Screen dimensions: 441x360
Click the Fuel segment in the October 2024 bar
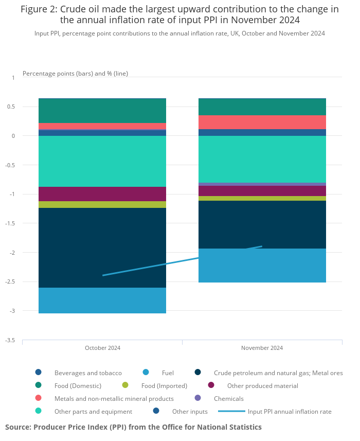coord(102,301)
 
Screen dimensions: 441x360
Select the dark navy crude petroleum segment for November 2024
coord(262,224)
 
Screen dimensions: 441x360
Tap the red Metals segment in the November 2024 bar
coord(262,122)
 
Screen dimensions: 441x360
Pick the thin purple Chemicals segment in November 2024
coord(262,184)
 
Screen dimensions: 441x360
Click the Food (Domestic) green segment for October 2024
coord(102,111)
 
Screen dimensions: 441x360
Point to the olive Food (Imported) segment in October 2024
coord(102,204)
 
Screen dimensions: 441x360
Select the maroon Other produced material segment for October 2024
coord(102,194)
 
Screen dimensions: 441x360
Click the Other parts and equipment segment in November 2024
coord(262,159)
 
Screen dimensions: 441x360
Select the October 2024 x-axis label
coord(102,348)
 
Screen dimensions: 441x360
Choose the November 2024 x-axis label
coord(262,348)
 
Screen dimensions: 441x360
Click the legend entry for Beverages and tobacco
coord(88,373)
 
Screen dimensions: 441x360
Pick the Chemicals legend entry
coord(228,398)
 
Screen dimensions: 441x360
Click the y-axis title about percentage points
coord(75,74)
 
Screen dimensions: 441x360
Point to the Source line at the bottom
coord(133,427)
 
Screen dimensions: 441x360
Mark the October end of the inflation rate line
coord(103,275)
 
